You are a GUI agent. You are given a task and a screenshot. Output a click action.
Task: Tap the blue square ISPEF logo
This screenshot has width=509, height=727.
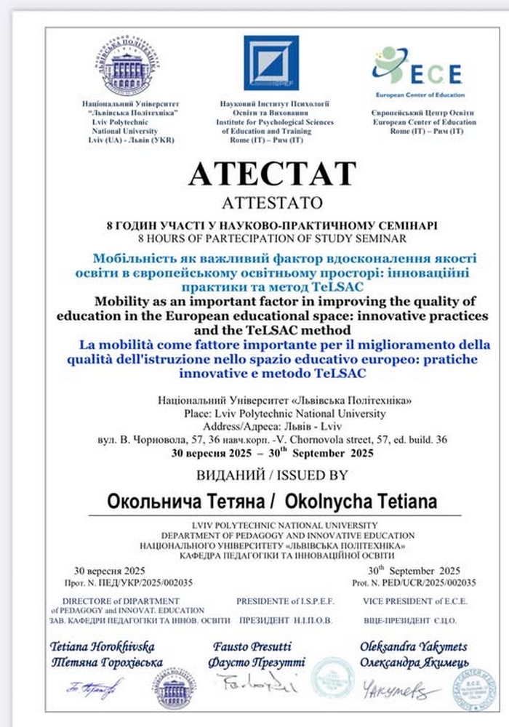270,63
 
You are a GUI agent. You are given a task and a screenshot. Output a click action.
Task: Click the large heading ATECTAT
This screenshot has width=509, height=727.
273,173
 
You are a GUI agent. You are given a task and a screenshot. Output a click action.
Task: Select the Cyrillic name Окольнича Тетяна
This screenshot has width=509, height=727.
187,501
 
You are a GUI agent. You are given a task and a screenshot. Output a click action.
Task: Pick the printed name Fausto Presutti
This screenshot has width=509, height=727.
252,646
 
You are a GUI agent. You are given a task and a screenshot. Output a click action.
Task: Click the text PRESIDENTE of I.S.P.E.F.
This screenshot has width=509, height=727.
278,601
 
